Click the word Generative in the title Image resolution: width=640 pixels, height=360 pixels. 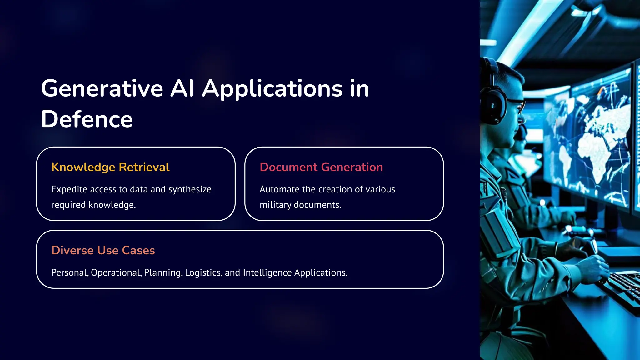102,88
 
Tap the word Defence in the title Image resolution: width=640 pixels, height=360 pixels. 87,119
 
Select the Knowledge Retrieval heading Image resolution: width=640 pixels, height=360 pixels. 110,167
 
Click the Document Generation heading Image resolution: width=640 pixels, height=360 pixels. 321,167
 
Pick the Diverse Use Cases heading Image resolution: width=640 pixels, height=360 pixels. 103,250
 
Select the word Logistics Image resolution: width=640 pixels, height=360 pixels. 203,273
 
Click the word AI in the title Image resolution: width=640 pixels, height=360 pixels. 182,88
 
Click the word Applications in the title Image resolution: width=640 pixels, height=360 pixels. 272,88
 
